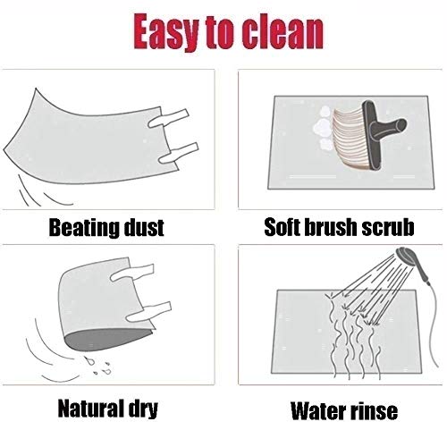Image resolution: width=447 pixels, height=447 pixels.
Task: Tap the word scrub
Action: [x=387, y=227]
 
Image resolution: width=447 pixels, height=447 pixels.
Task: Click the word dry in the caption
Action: [x=143, y=409]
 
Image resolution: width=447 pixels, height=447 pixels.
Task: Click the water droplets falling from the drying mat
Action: [x=97, y=366]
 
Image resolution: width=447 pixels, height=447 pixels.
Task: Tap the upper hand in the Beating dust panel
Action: [x=168, y=118]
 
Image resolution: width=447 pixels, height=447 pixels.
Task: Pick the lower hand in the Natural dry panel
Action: [x=149, y=311]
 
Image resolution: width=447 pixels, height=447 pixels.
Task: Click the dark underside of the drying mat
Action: [x=107, y=339]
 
